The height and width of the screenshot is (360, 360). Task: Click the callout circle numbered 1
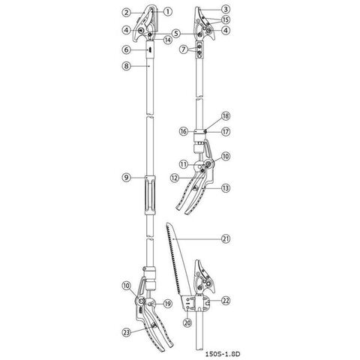click(x=168, y=11)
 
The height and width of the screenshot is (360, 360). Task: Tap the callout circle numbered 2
click(x=127, y=12)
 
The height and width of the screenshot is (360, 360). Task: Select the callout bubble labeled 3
click(x=226, y=10)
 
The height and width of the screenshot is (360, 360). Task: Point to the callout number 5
click(x=176, y=33)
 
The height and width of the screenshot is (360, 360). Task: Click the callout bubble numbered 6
click(x=127, y=49)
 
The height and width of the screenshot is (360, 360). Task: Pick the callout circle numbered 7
click(x=184, y=49)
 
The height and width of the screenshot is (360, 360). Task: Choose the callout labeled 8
click(x=127, y=66)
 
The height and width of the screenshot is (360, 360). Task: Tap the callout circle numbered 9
click(x=127, y=177)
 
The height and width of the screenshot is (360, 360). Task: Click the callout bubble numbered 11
click(x=184, y=164)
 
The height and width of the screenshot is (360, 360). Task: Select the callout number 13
click(x=226, y=187)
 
